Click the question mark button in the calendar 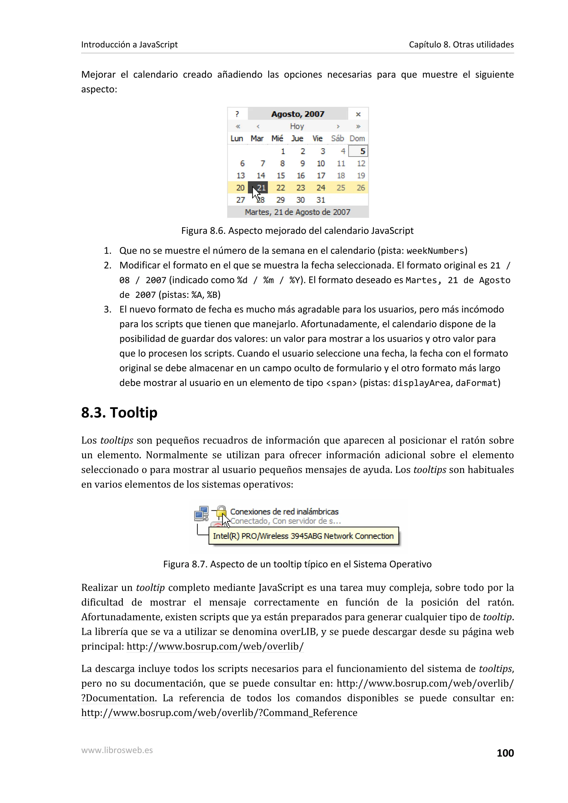pyautogui.click(x=237, y=114)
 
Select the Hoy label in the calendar pyautogui.click(x=297, y=126)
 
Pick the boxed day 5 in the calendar pyautogui.click(x=359, y=151)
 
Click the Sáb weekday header pyautogui.click(x=337, y=139)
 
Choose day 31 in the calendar pyautogui.click(x=321, y=200)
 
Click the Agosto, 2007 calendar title pyautogui.click(x=298, y=114)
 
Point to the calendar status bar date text pyautogui.click(x=298, y=212)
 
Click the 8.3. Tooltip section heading pyautogui.click(x=119, y=413)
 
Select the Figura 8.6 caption pyautogui.click(x=297, y=231)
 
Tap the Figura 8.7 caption pyautogui.click(x=297, y=564)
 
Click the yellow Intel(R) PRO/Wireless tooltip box pyautogui.click(x=303, y=536)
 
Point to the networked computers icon pyautogui.click(x=202, y=514)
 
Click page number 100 pyautogui.click(x=505, y=753)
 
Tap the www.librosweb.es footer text pyautogui.click(x=117, y=750)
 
